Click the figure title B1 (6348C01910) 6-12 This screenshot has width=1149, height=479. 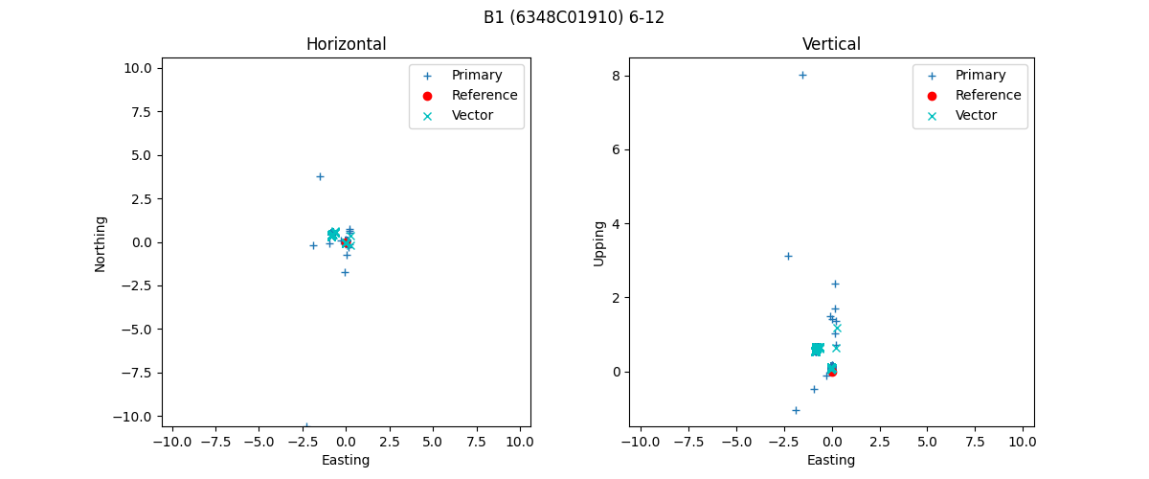click(574, 17)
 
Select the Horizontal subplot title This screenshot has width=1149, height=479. click(346, 44)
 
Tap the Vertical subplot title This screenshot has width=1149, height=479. click(831, 44)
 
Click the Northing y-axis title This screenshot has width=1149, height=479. click(101, 243)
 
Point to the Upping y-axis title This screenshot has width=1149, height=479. click(600, 243)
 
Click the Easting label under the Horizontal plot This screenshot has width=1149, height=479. click(346, 460)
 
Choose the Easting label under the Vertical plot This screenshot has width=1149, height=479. click(831, 460)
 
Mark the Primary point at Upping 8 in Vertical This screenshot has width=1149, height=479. click(802, 75)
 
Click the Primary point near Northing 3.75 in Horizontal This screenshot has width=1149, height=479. click(320, 176)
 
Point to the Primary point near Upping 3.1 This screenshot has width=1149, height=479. click(788, 256)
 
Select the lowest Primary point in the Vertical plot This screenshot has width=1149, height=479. click(796, 410)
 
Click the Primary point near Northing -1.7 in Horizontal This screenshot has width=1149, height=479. click(345, 272)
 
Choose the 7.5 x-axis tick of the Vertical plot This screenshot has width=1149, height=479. click(975, 442)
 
